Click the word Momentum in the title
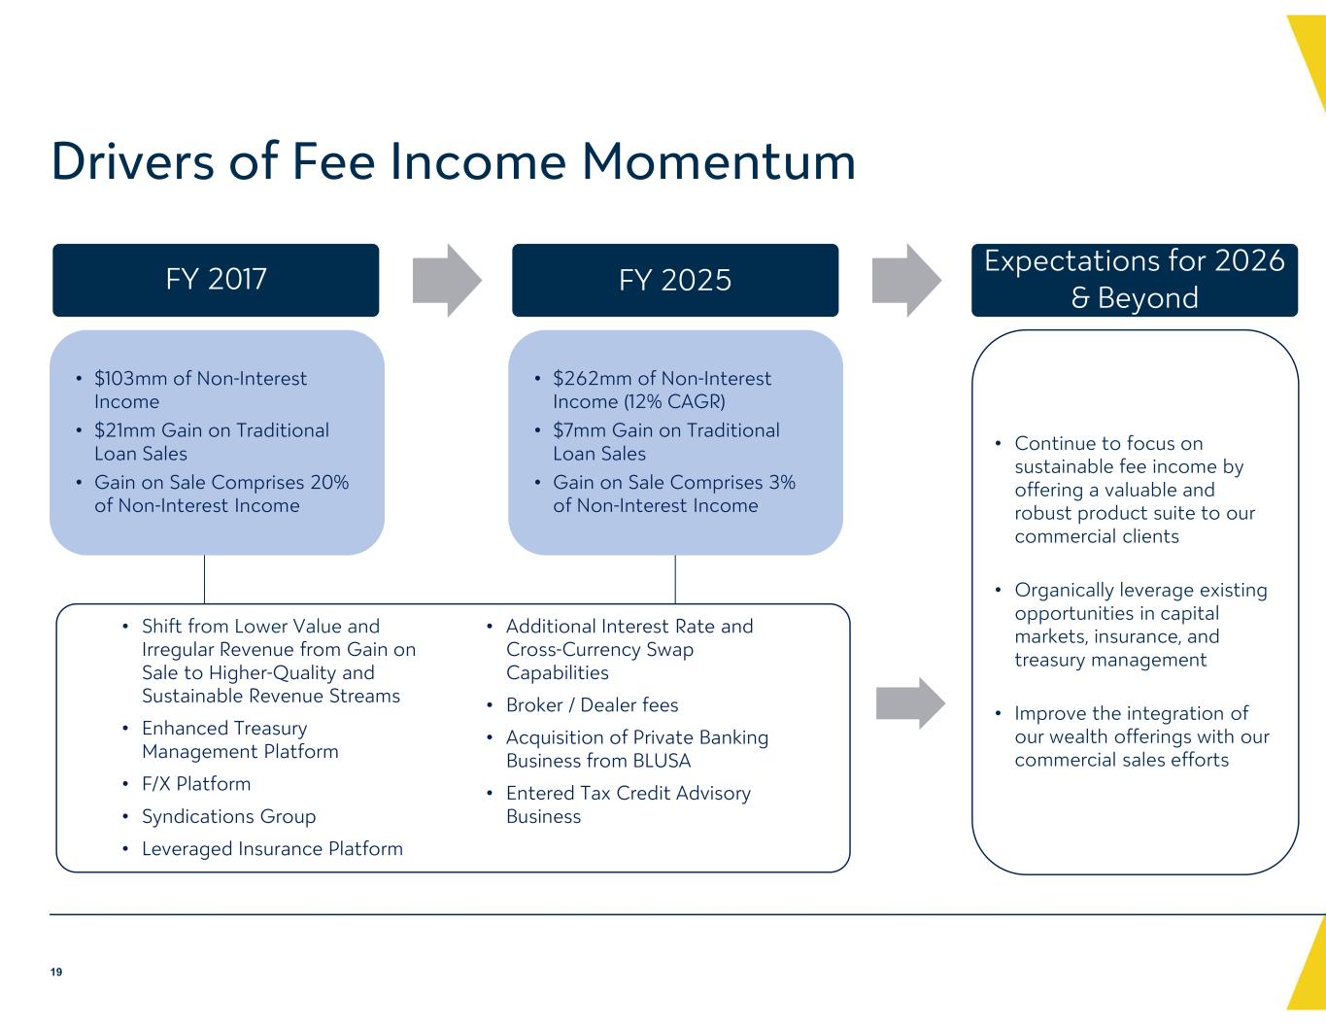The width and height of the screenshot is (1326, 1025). click(x=718, y=161)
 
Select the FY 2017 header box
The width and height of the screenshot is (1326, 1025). click(x=216, y=280)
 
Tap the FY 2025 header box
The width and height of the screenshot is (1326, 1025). click(x=675, y=280)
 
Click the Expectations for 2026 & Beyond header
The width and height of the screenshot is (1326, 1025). click(x=1135, y=280)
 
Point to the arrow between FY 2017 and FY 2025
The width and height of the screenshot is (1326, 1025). click(x=447, y=281)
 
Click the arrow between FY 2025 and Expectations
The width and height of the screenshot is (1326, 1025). click(x=906, y=281)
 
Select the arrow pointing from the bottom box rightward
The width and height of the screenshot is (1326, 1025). click(x=910, y=703)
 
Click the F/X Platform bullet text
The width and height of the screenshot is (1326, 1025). click(x=196, y=784)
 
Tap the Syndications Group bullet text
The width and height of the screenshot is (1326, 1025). click(x=229, y=817)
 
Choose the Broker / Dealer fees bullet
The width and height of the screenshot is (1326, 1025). click(x=592, y=705)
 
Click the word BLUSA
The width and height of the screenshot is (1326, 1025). click(x=663, y=761)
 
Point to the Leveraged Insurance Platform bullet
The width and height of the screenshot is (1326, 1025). click(x=272, y=849)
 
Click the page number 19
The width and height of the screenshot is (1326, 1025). click(x=56, y=972)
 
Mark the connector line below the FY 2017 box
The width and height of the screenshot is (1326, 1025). click(x=204, y=579)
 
